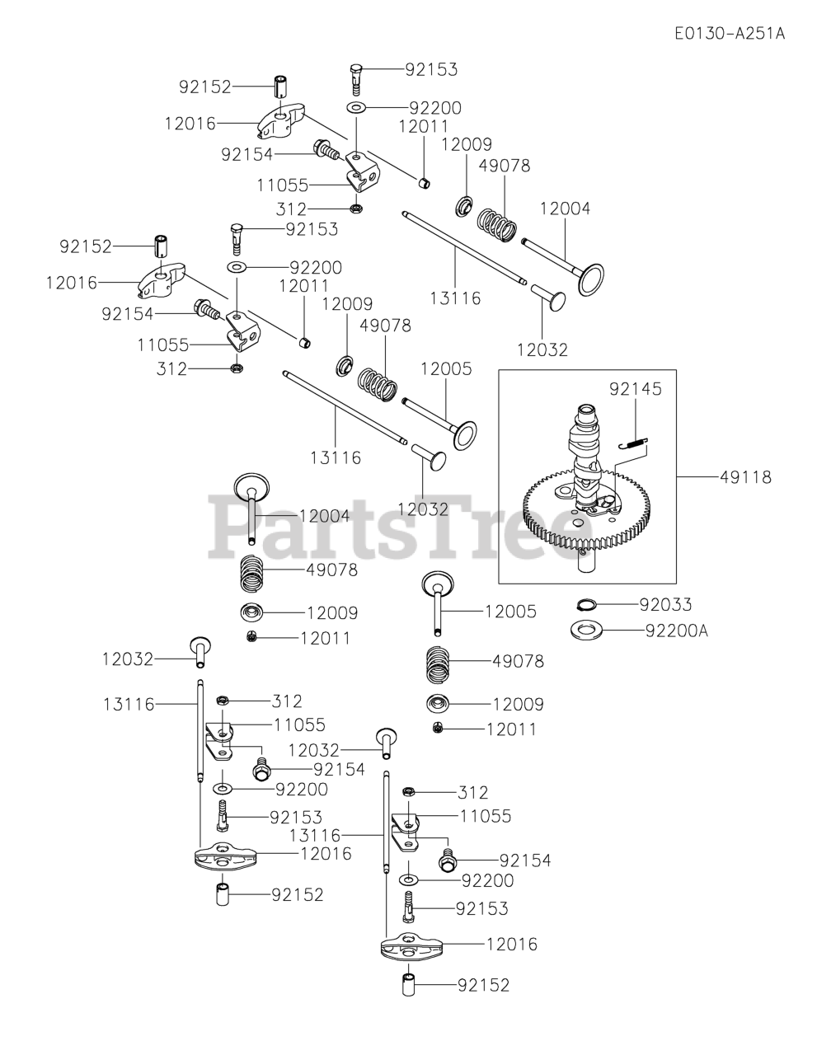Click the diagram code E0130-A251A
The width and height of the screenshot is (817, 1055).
pos(729,34)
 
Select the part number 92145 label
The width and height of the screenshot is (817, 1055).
pos(636,387)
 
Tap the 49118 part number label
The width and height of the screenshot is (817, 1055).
pos(744,476)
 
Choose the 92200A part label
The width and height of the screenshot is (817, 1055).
pos(677,631)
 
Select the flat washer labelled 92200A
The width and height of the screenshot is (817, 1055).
pos(585,631)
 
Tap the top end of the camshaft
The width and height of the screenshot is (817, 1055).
pos(585,410)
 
